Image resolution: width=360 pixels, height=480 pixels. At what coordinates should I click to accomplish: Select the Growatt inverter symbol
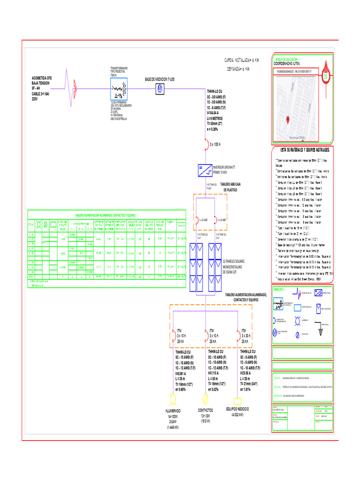(x=205, y=170)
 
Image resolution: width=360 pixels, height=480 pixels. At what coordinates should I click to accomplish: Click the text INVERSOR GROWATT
(x=224, y=167)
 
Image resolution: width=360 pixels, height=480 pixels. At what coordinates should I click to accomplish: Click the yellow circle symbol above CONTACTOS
(x=204, y=399)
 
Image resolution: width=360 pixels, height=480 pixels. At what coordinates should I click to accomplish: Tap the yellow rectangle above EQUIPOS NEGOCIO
(x=237, y=401)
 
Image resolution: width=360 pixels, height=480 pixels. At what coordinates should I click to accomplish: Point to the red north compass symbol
(x=325, y=75)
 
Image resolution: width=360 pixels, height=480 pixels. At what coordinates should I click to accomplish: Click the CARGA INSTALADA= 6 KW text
(x=241, y=60)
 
